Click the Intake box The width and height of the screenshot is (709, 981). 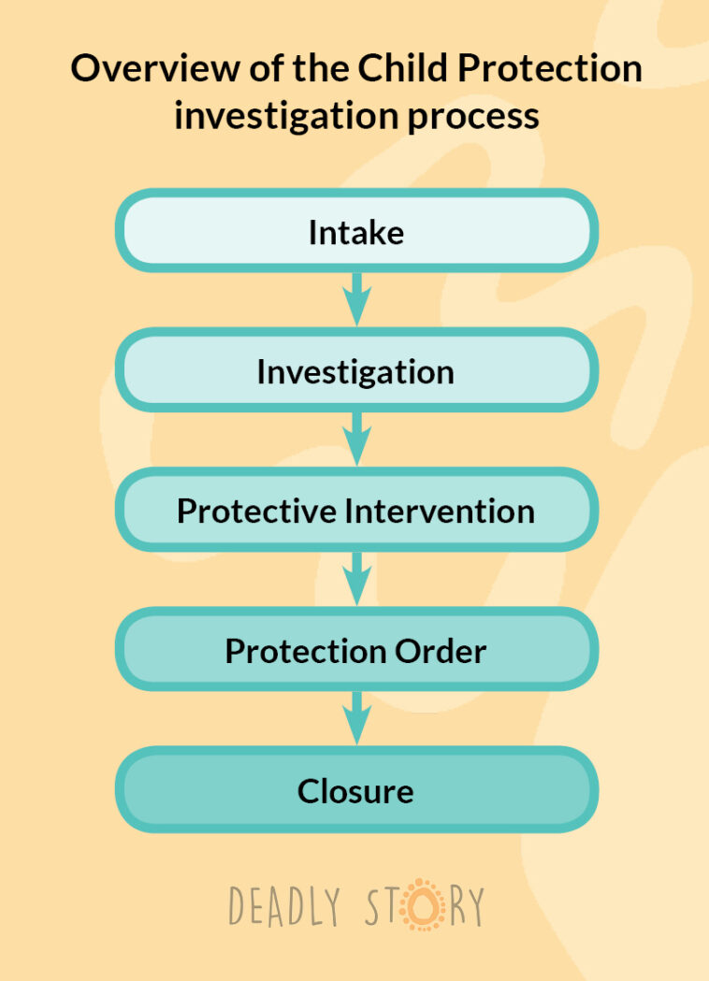(x=356, y=231)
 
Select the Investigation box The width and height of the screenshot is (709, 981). (x=356, y=370)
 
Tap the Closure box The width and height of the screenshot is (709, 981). (x=356, y=789)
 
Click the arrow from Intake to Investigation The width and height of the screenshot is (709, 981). (x=356, y=300)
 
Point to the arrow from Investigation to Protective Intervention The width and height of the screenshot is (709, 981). (x=356, y=440)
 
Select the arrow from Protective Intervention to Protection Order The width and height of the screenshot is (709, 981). (x=356, y=579)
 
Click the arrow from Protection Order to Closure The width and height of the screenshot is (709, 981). (x=356, y=719)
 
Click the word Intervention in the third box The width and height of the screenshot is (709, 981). (x=440, y=511)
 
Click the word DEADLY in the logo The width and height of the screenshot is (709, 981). (x=284, y=905)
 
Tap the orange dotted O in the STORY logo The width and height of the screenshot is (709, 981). (x=423, y=904)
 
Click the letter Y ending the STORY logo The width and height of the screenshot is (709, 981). (x=475, y=905)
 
